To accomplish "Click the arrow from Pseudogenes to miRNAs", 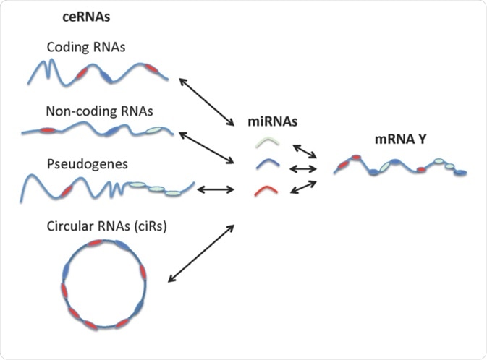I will (215, 190).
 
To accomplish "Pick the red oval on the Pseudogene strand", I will (67, 191).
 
